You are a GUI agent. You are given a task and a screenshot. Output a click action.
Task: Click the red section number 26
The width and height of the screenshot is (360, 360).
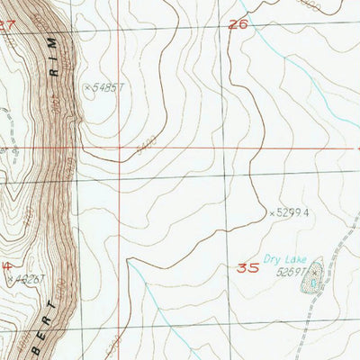[x=238, y=25]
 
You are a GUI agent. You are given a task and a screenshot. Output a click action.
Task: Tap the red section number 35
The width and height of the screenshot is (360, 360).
[x=249, y=267]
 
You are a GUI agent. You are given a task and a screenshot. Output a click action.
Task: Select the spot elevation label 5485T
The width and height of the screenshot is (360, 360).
[x=107, y=87]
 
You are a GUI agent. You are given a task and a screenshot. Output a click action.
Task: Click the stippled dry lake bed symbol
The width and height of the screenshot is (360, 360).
[x=311, y=286]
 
